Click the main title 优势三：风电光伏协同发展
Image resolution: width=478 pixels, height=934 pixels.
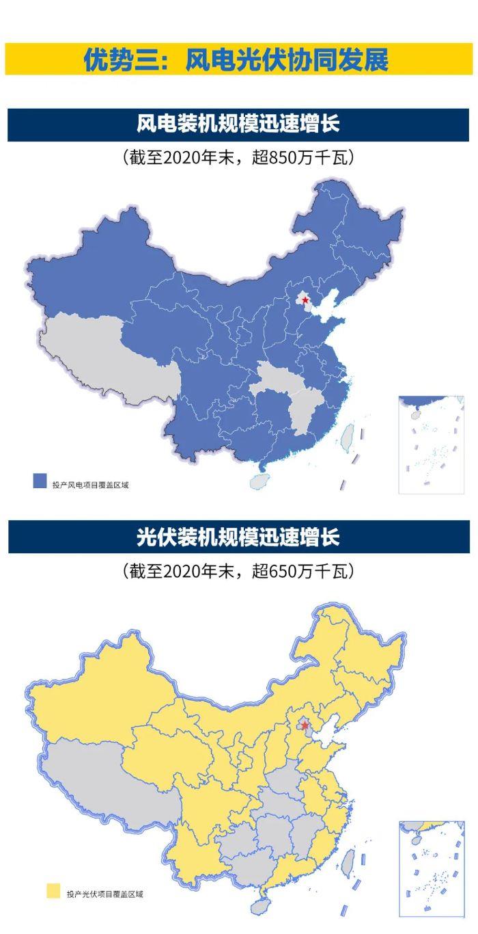(236, 59)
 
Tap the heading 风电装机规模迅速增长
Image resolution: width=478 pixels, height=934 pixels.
(238, 124)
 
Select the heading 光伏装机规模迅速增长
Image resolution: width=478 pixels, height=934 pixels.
(238, 537)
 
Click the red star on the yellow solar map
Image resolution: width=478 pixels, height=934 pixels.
(306, 725)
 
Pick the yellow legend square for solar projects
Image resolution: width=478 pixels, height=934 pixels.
(53, 891)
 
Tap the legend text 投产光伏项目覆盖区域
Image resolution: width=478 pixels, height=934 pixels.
(105, 894)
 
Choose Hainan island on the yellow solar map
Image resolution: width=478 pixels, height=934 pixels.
(261, 907)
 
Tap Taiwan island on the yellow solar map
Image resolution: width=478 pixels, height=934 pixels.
(348, 863)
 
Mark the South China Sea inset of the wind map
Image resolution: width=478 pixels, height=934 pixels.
(431, 444)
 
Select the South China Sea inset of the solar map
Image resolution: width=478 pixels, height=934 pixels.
(431, 868)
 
